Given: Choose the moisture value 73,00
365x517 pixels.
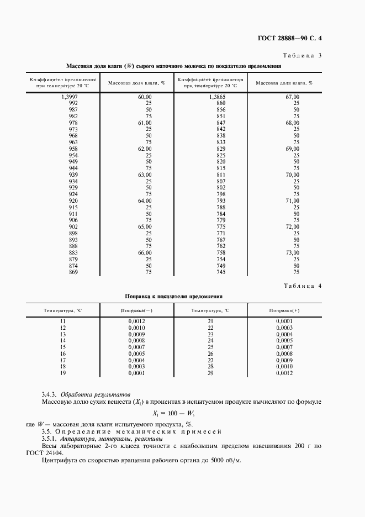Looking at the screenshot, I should click(292, 252).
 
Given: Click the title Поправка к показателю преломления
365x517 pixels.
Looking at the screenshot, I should click(174, 297).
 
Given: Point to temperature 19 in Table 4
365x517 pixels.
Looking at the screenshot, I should click(62, 373).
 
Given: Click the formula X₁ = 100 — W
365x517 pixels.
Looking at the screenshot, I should click(174, 412).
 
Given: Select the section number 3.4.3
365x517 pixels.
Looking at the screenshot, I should click(50, 394).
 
